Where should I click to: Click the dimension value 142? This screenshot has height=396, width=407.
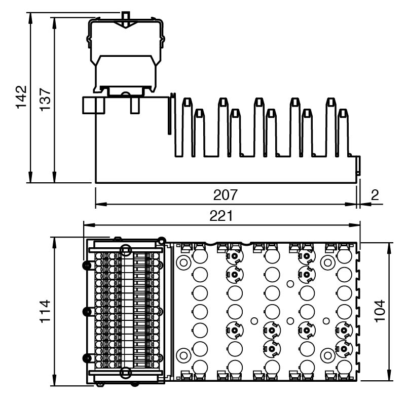point(21,96)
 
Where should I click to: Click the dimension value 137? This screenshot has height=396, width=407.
point(45,96)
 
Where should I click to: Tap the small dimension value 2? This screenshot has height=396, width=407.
point(375,195)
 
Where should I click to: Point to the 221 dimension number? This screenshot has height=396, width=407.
point(221,216)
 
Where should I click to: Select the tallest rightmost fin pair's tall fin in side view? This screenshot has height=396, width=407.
point(331,127)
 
